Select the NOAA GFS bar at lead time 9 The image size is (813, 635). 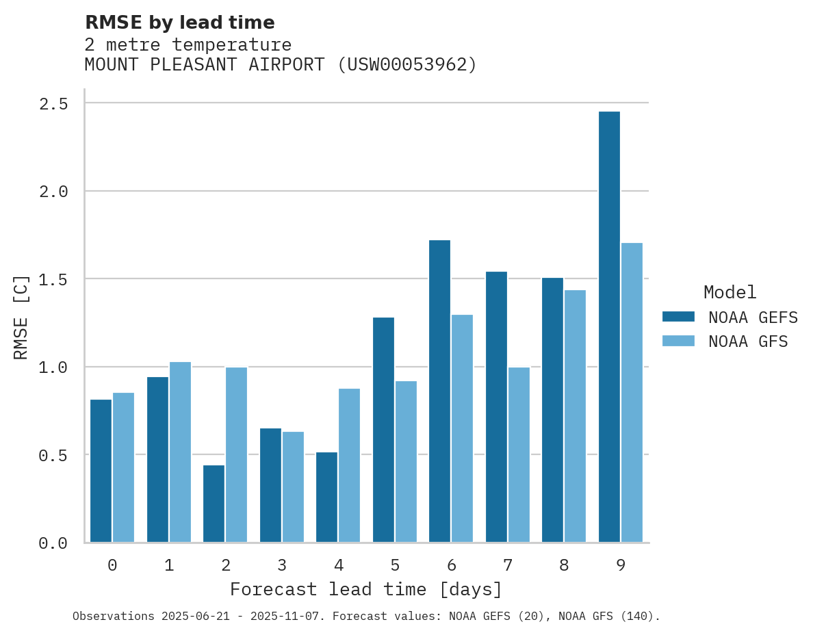(632, 393)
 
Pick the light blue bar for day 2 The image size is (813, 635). (236, 455)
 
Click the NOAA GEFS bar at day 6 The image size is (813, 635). (439, 391)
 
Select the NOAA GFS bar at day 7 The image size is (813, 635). (519, 455)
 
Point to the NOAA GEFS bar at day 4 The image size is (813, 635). (326, 497)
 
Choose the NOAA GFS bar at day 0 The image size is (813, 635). (123, 467)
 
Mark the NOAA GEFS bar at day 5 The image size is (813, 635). (383, 430)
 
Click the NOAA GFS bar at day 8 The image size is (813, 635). (575, 416)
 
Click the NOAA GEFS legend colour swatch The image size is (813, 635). (678, 317)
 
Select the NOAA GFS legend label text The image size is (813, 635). (748, 341)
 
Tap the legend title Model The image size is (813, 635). (730, 292)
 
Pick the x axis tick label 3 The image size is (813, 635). (281, 565)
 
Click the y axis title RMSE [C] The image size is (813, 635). (21, 317)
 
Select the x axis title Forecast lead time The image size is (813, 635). (366, 589)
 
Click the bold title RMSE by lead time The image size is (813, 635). (179, 23)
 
